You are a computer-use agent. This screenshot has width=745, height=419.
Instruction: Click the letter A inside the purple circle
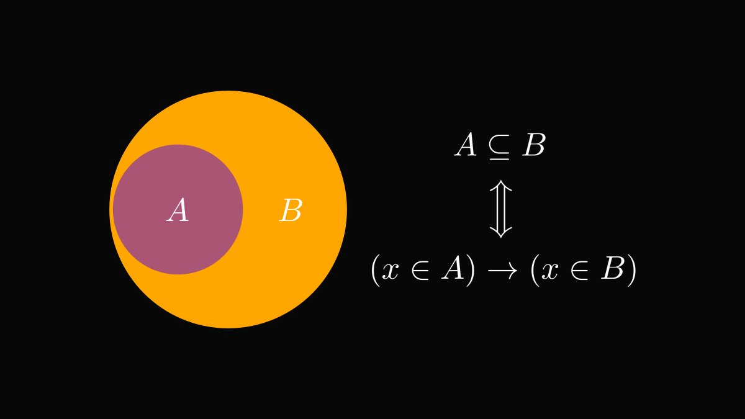178,211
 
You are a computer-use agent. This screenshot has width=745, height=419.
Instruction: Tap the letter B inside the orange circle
291,211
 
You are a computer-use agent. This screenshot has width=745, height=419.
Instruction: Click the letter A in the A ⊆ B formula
466,146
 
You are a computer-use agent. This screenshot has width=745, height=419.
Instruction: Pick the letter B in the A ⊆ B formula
533,146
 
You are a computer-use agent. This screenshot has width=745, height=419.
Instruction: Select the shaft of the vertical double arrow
500,209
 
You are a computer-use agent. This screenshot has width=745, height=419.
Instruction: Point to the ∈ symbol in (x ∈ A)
420,272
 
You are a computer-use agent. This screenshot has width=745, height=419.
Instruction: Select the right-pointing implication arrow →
502,272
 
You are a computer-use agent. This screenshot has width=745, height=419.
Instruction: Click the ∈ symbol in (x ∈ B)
579,272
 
